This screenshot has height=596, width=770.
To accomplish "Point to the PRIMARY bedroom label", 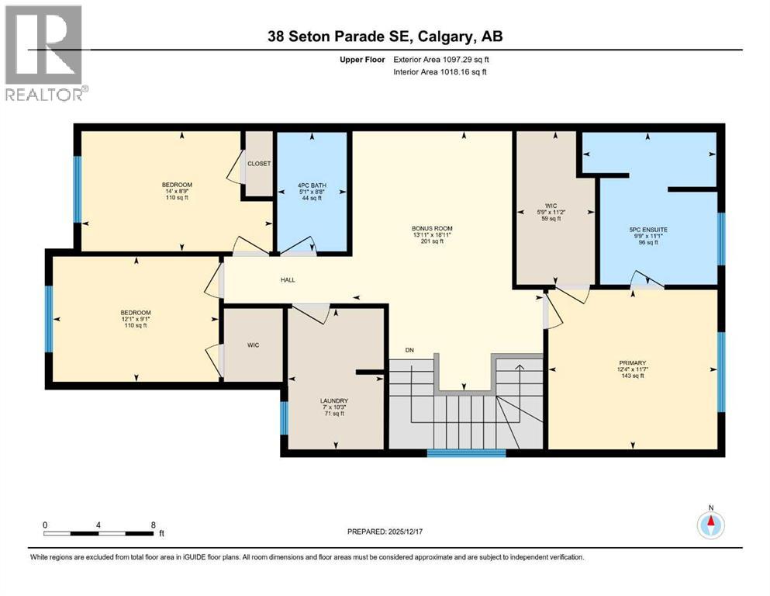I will click(x=633, y=361).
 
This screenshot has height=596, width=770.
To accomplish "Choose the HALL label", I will click(x=287, y=280).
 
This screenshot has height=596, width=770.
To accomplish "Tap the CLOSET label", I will click(x=258, y=164).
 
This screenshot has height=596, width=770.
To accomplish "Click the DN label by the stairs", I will click(x=410, y=351).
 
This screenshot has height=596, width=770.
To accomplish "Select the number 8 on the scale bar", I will click(x=153, y=525).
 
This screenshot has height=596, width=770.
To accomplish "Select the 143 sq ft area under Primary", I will click(x=633, y=375).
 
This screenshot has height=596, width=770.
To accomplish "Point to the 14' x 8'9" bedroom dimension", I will click(x=178, y=191).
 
